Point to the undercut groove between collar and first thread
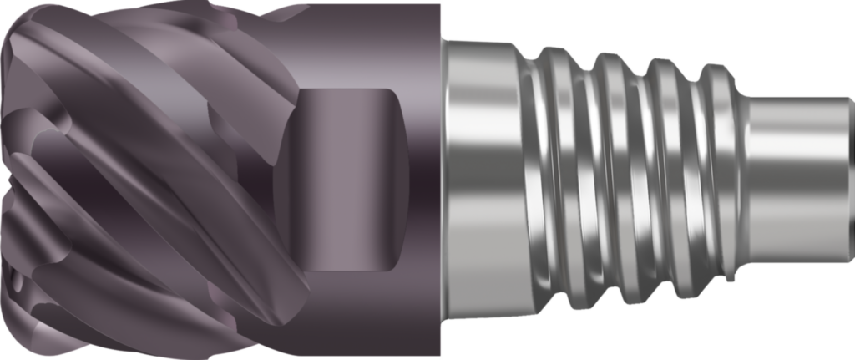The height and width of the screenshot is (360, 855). click(x=528, y=180)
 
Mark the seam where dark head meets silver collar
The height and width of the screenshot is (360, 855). click(x=441, y=180)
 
